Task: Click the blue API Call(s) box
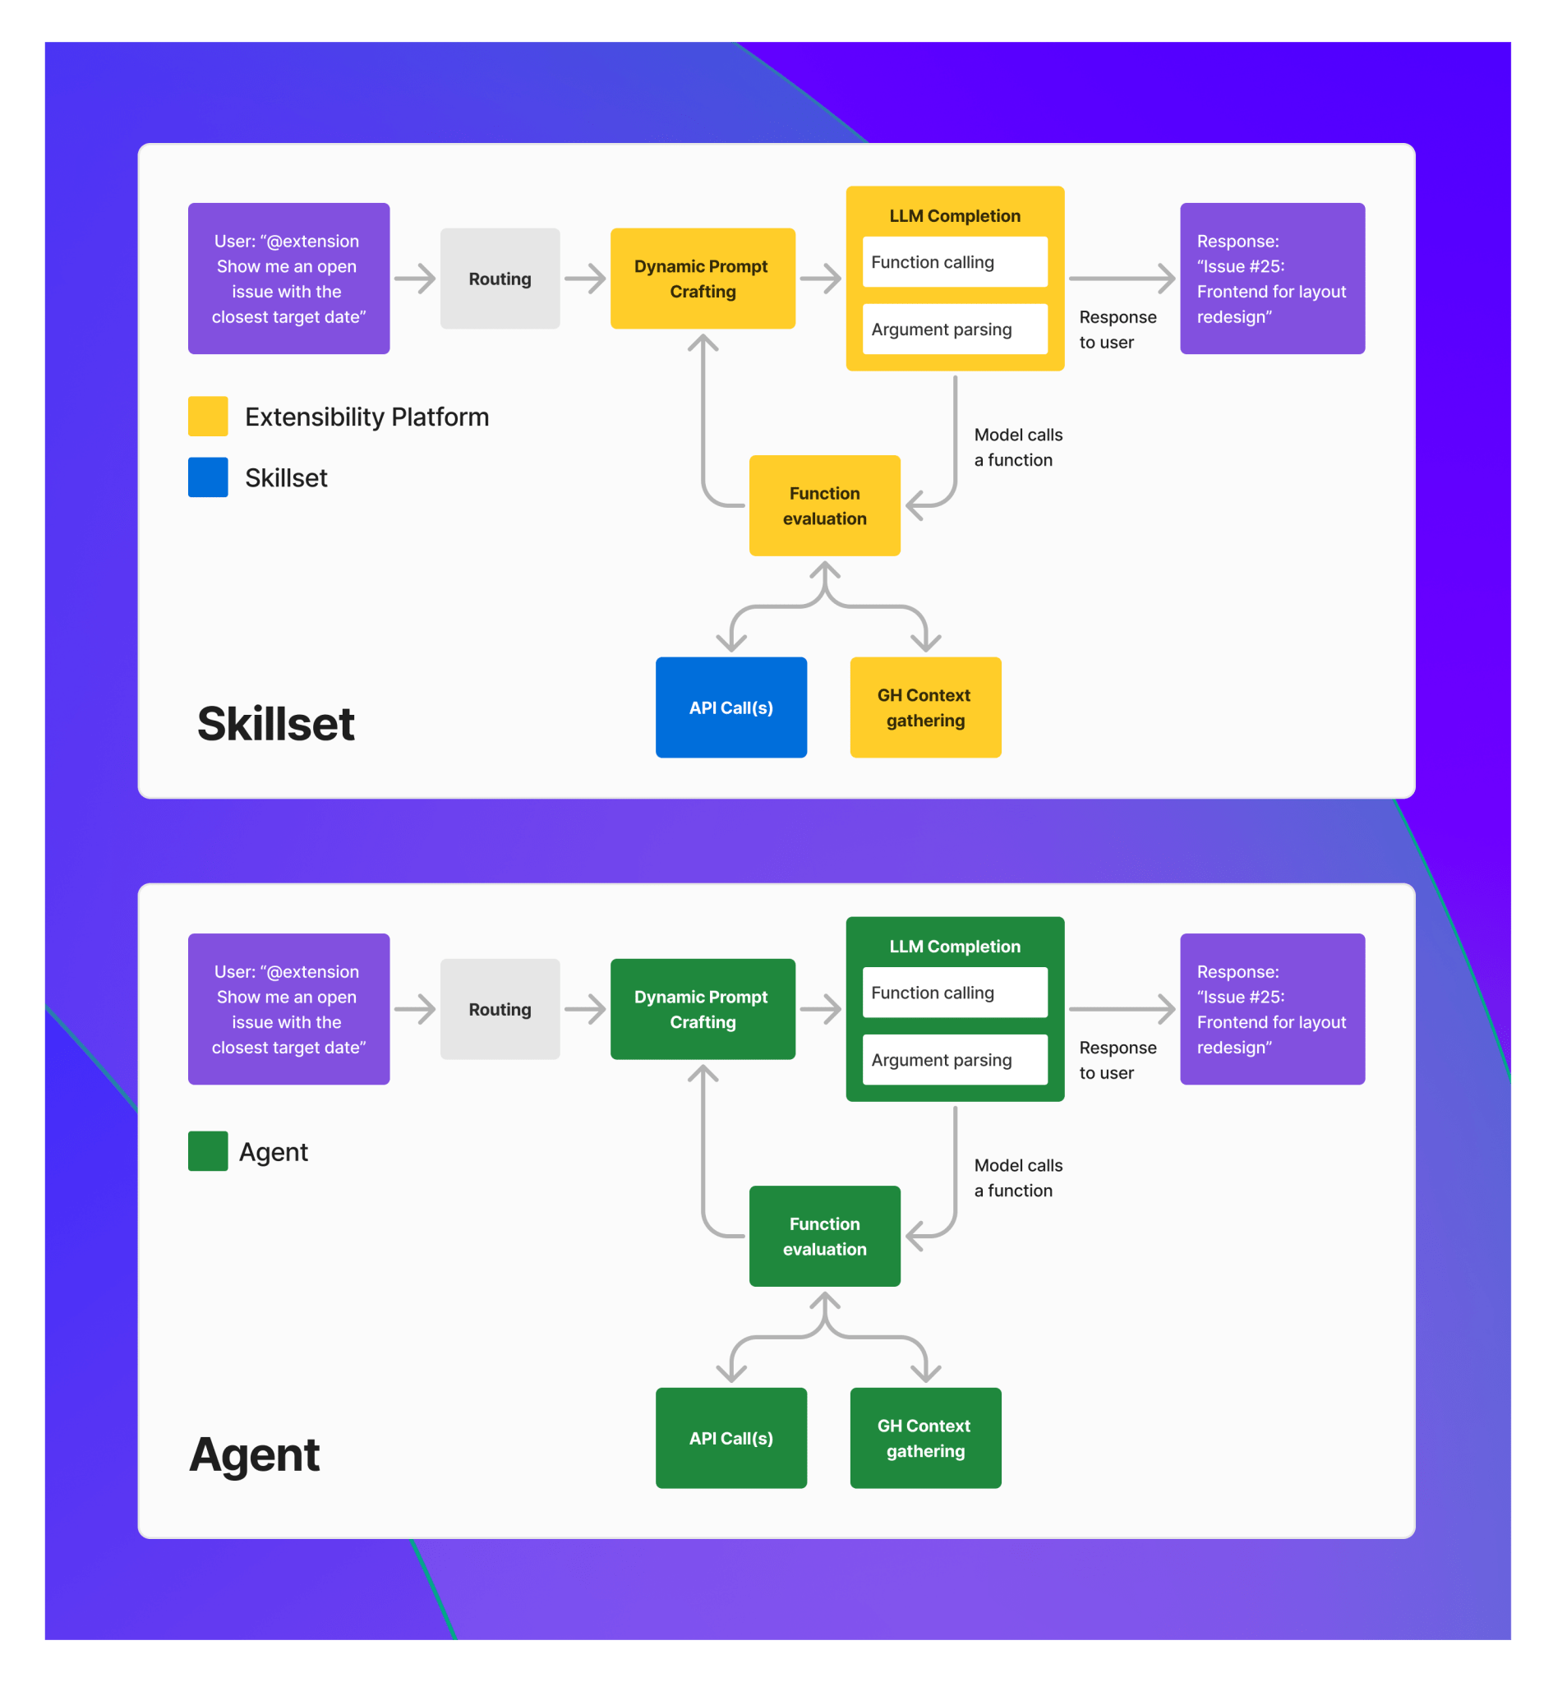pyautogui.click(x=731, y=707)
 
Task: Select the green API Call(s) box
pyautogui.click(x=731, y=1437)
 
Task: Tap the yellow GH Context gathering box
pyautogui.click(x=925, y=707)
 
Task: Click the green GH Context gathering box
pyautogui.click(x=925, y=1437)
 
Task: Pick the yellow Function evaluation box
pyautogui.click(x=824, y=506)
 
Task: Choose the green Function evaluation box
pyautogui.click(x=824, y=1236)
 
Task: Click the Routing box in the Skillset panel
pyautogui.click(x=500, y=279)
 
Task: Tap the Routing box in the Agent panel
pyautogui.click(x=500, y=1009)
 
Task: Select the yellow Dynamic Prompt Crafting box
pyautogui.click(x=703, y=279)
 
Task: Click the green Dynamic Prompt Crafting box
pyautogui.click(x=703, y=1009)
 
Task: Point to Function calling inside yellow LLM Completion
pyautogui.click(x=955, y=262)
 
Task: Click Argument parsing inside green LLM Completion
pyautogui.click(x=955, y=1059)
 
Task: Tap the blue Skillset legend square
pyautogui.click(x=209, y=477)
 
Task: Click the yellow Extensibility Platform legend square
pyautogui.click(x=209, y=417)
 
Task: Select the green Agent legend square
pyautogui.click(x=209, y=1151)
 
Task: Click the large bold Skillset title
pyautogui.click(x=275, y=723)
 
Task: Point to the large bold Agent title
pyautogui.click(x=255, y=1454)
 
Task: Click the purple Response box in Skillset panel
pyautogui.click(x=1272, y=279)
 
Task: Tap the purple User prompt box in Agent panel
pyautogui.click(x=288, y=1009)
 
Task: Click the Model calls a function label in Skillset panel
pyautogui.click(x=1018, y=447)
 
